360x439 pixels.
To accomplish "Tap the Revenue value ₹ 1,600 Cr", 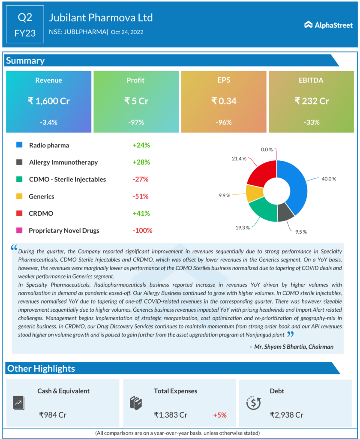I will tap(48, 101).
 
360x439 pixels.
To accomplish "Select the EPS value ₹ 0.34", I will tap(224, 101).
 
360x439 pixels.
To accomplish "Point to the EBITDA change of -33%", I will tap(312, 122).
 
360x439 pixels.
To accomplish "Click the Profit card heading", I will tap(135, 80).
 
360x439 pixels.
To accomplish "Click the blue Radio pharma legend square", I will tap(19, 145).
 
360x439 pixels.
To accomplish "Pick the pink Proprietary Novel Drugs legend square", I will tap(19, 231).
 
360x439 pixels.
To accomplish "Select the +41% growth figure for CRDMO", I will tap(141, 213).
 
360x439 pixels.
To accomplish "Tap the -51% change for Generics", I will tap(141, 196).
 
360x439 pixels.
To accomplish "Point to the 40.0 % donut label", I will tap(330, 178).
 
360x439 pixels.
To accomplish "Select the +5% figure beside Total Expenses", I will tap(219, 415).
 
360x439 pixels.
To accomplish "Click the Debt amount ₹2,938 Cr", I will tap(287, 415).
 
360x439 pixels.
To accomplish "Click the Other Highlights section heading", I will tap(41, 368).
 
